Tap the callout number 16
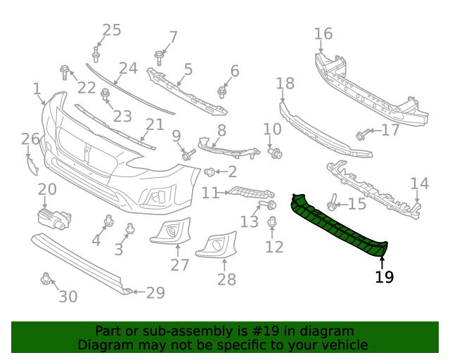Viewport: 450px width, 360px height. pos(323,34)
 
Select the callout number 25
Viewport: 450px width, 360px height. pos(112,30)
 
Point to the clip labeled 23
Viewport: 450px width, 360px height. pos(105,94)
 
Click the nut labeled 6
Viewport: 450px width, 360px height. pos(222,92)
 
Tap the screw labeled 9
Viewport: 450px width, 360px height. pos(188,153)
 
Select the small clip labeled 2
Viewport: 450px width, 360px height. pos(210,172)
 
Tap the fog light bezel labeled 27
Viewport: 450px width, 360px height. pos(172,231)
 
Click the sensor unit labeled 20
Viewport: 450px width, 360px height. pos(53,217)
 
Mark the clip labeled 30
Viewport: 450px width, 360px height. pos(46,279)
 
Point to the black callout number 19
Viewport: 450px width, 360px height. pos(384,277)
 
